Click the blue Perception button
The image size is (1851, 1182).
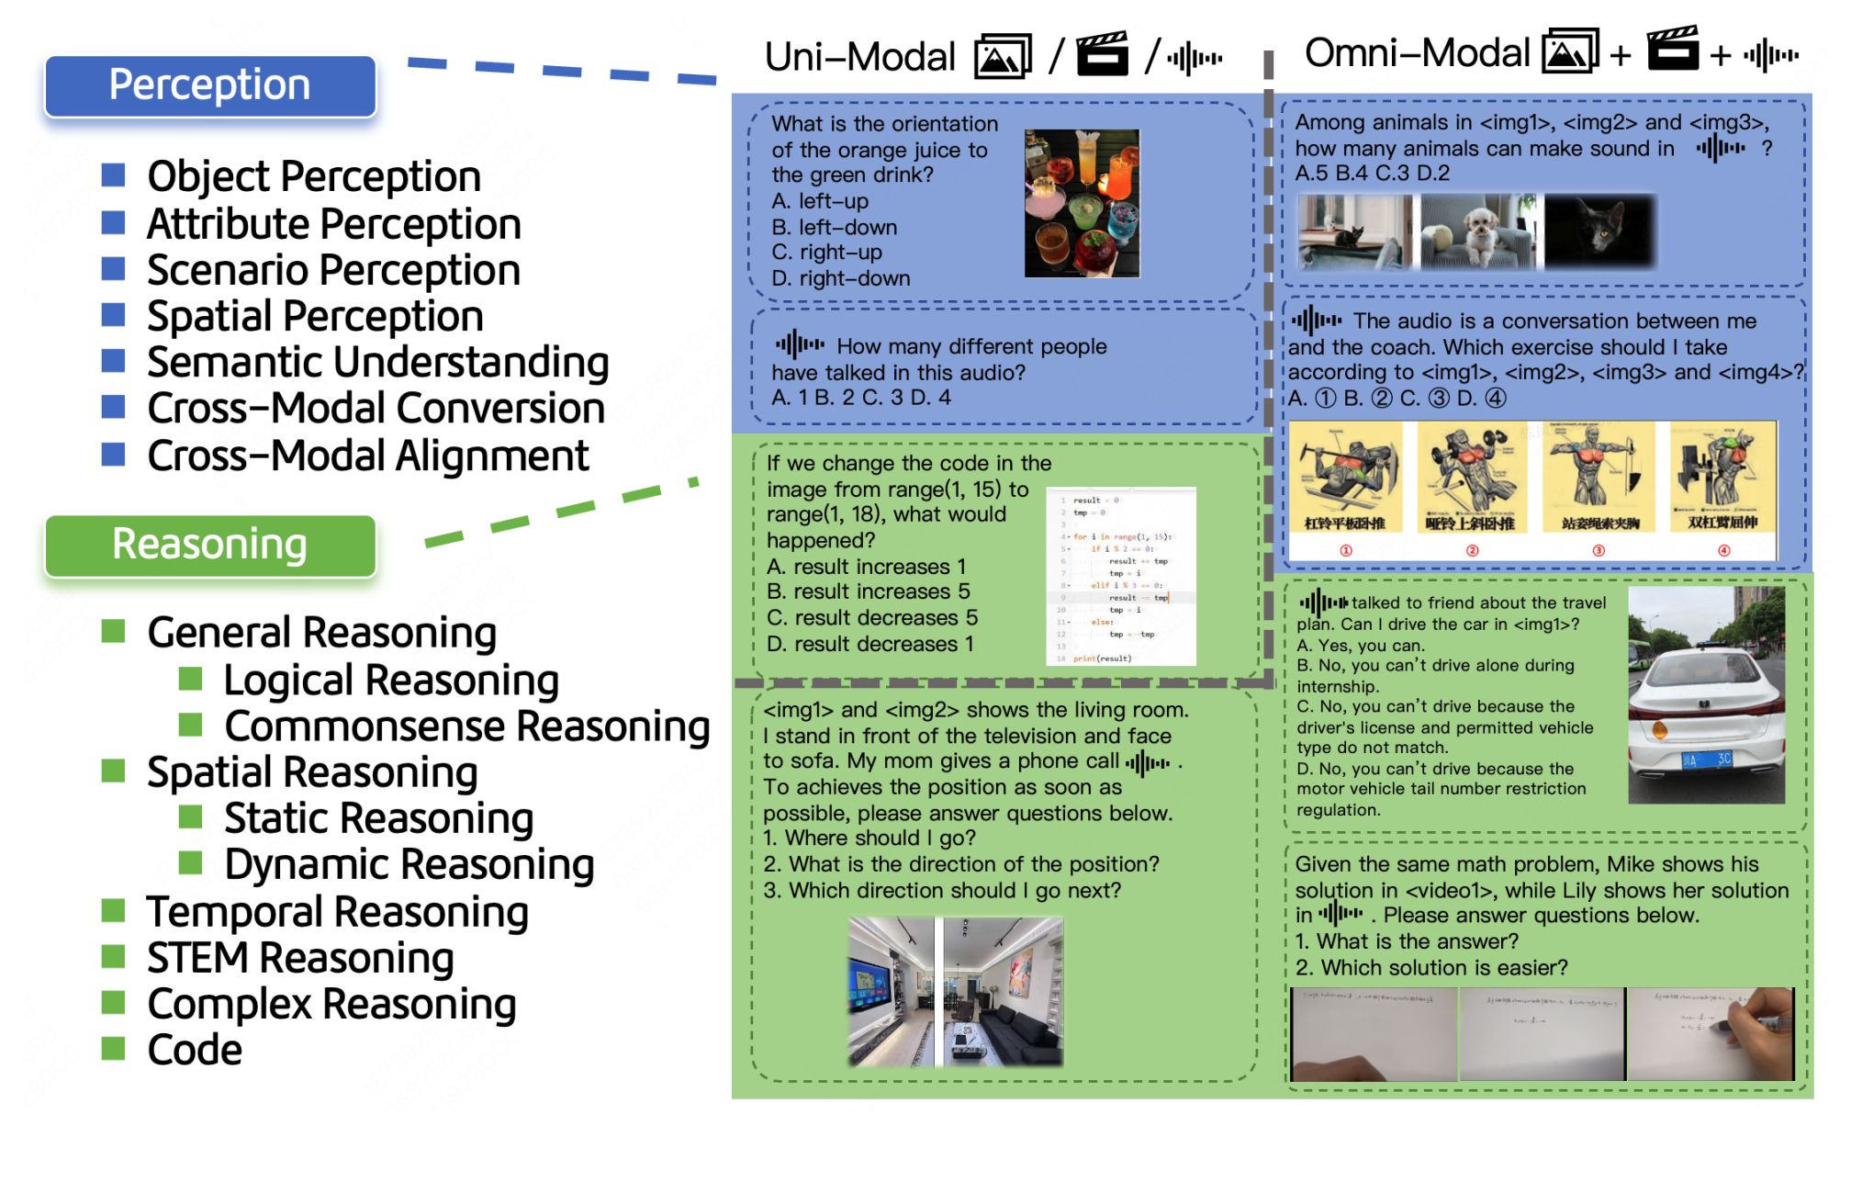coord(209,85)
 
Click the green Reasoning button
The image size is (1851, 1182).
coord(209,545)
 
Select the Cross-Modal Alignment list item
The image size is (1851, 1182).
coord(367,456)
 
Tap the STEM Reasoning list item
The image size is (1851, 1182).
coord(300,959)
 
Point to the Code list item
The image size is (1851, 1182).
coord(195,1051)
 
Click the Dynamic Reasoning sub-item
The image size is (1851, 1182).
coord(409,865)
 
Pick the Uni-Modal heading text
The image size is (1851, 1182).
coord(859,57)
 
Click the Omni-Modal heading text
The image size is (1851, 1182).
coord(1416,53)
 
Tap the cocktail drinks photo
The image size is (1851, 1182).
coord(1082,203)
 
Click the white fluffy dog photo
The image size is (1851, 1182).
coord(1476,231)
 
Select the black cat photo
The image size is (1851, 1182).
coord(1599,231)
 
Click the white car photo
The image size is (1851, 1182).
coord(1706,695)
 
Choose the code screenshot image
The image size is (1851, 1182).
coord(1120,577)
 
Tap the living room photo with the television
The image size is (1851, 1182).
coord(890,991)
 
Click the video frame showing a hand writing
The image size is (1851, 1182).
coord(1710,1033)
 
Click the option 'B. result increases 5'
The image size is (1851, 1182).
coord(868,591)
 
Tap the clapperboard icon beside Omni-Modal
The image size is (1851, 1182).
coord(1673,50)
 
